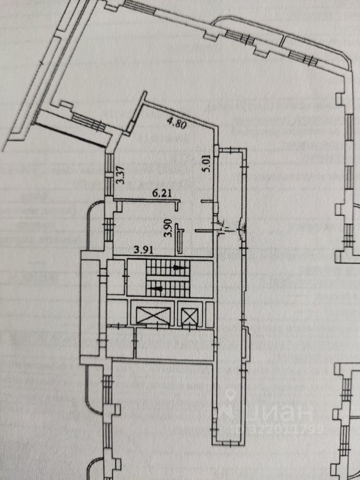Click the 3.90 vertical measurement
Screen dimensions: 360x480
[170, 228]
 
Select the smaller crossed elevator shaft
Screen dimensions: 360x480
[189, 316]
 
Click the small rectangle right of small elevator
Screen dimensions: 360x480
[207, 316]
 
